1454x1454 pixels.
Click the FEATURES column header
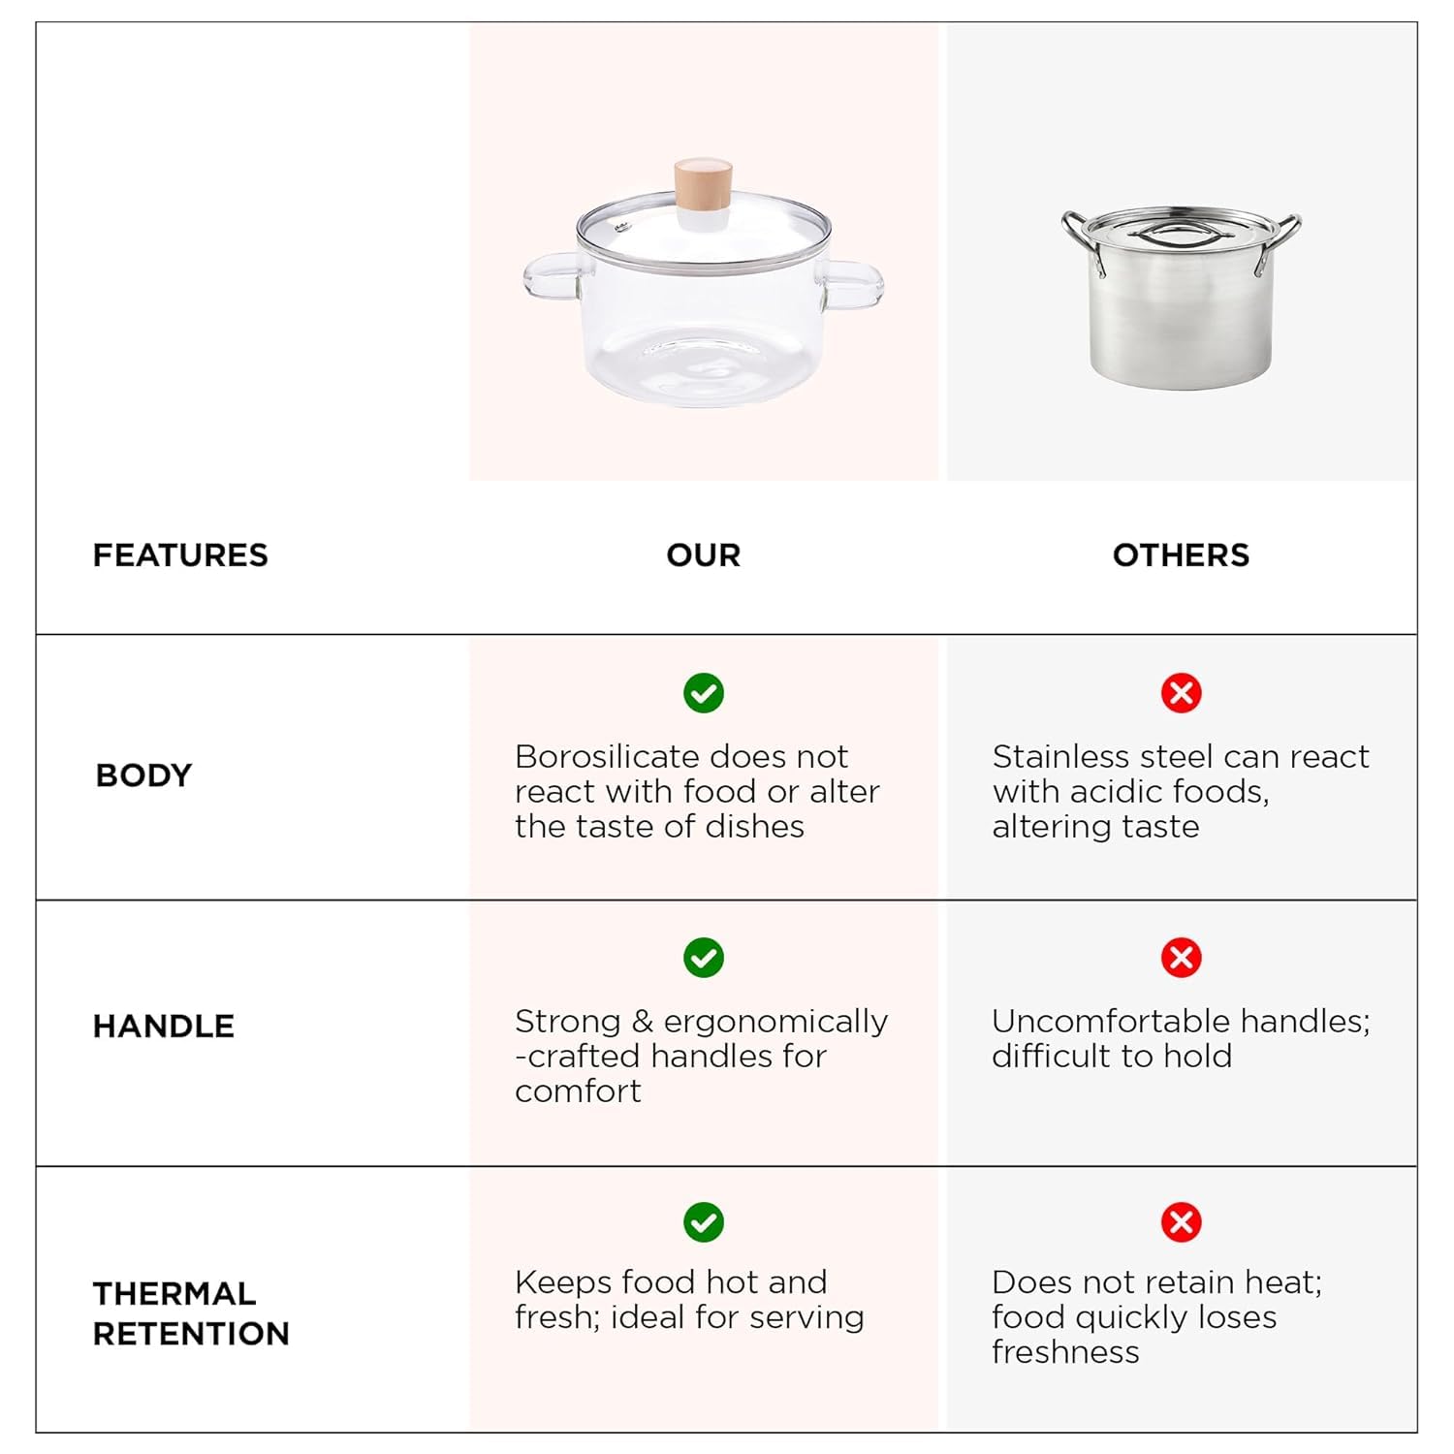(x=180, y=555)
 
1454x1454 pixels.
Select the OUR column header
(x=704, y=555)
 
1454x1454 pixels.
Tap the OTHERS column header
(x=1181, y=555)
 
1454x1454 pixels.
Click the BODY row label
(x=144, y=775)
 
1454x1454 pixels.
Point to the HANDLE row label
(x=164, y=1026)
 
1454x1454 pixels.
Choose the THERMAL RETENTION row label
(x=191, y=1313)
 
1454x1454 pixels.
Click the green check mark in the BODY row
(x=704, y=693)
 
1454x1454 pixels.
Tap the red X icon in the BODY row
(x=1182, y=693)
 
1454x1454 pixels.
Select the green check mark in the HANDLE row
(x=704, y=958)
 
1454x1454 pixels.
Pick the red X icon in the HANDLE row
(x=1182, y=958)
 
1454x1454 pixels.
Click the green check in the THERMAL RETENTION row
(x=704, y=1222)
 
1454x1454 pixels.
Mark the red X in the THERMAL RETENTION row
(x=1182, y=1222)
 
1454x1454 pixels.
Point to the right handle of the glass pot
(x=853, y=286)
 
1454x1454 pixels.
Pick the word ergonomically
(x=775, y=1022)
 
